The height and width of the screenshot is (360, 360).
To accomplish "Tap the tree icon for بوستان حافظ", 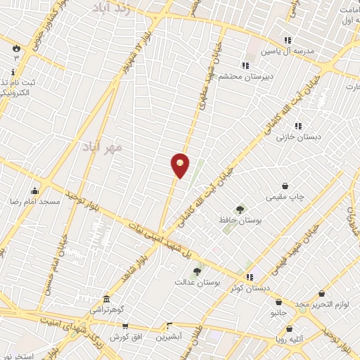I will click(x=240, y=209).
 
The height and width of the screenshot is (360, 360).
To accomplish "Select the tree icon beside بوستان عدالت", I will click(x=197, y=271).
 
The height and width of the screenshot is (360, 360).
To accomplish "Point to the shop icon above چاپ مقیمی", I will click(x=285, y=186).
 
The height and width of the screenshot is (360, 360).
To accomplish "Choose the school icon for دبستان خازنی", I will click(x=298, y=126).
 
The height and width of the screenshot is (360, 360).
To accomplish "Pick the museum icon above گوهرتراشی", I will click(x=106, y=299).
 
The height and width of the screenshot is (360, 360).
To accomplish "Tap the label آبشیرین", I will click(x=169, y=337).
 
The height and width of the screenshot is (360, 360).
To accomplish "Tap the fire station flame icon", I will click(x=15, y=46).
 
